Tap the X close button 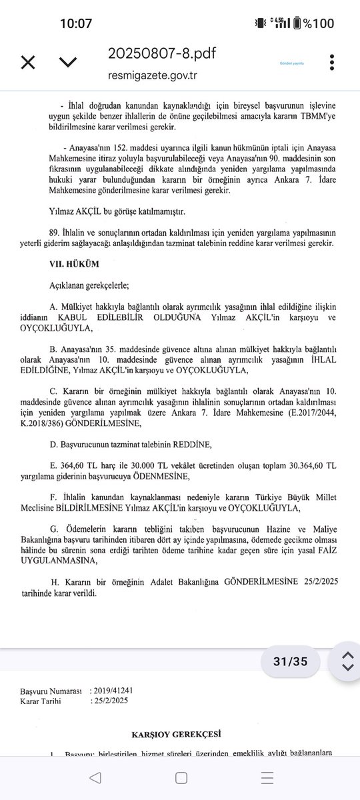pos(28,63)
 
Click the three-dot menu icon pos(331,62)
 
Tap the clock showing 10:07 pos(75,24)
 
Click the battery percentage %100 pos(317,24)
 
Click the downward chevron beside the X pos(67,63)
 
